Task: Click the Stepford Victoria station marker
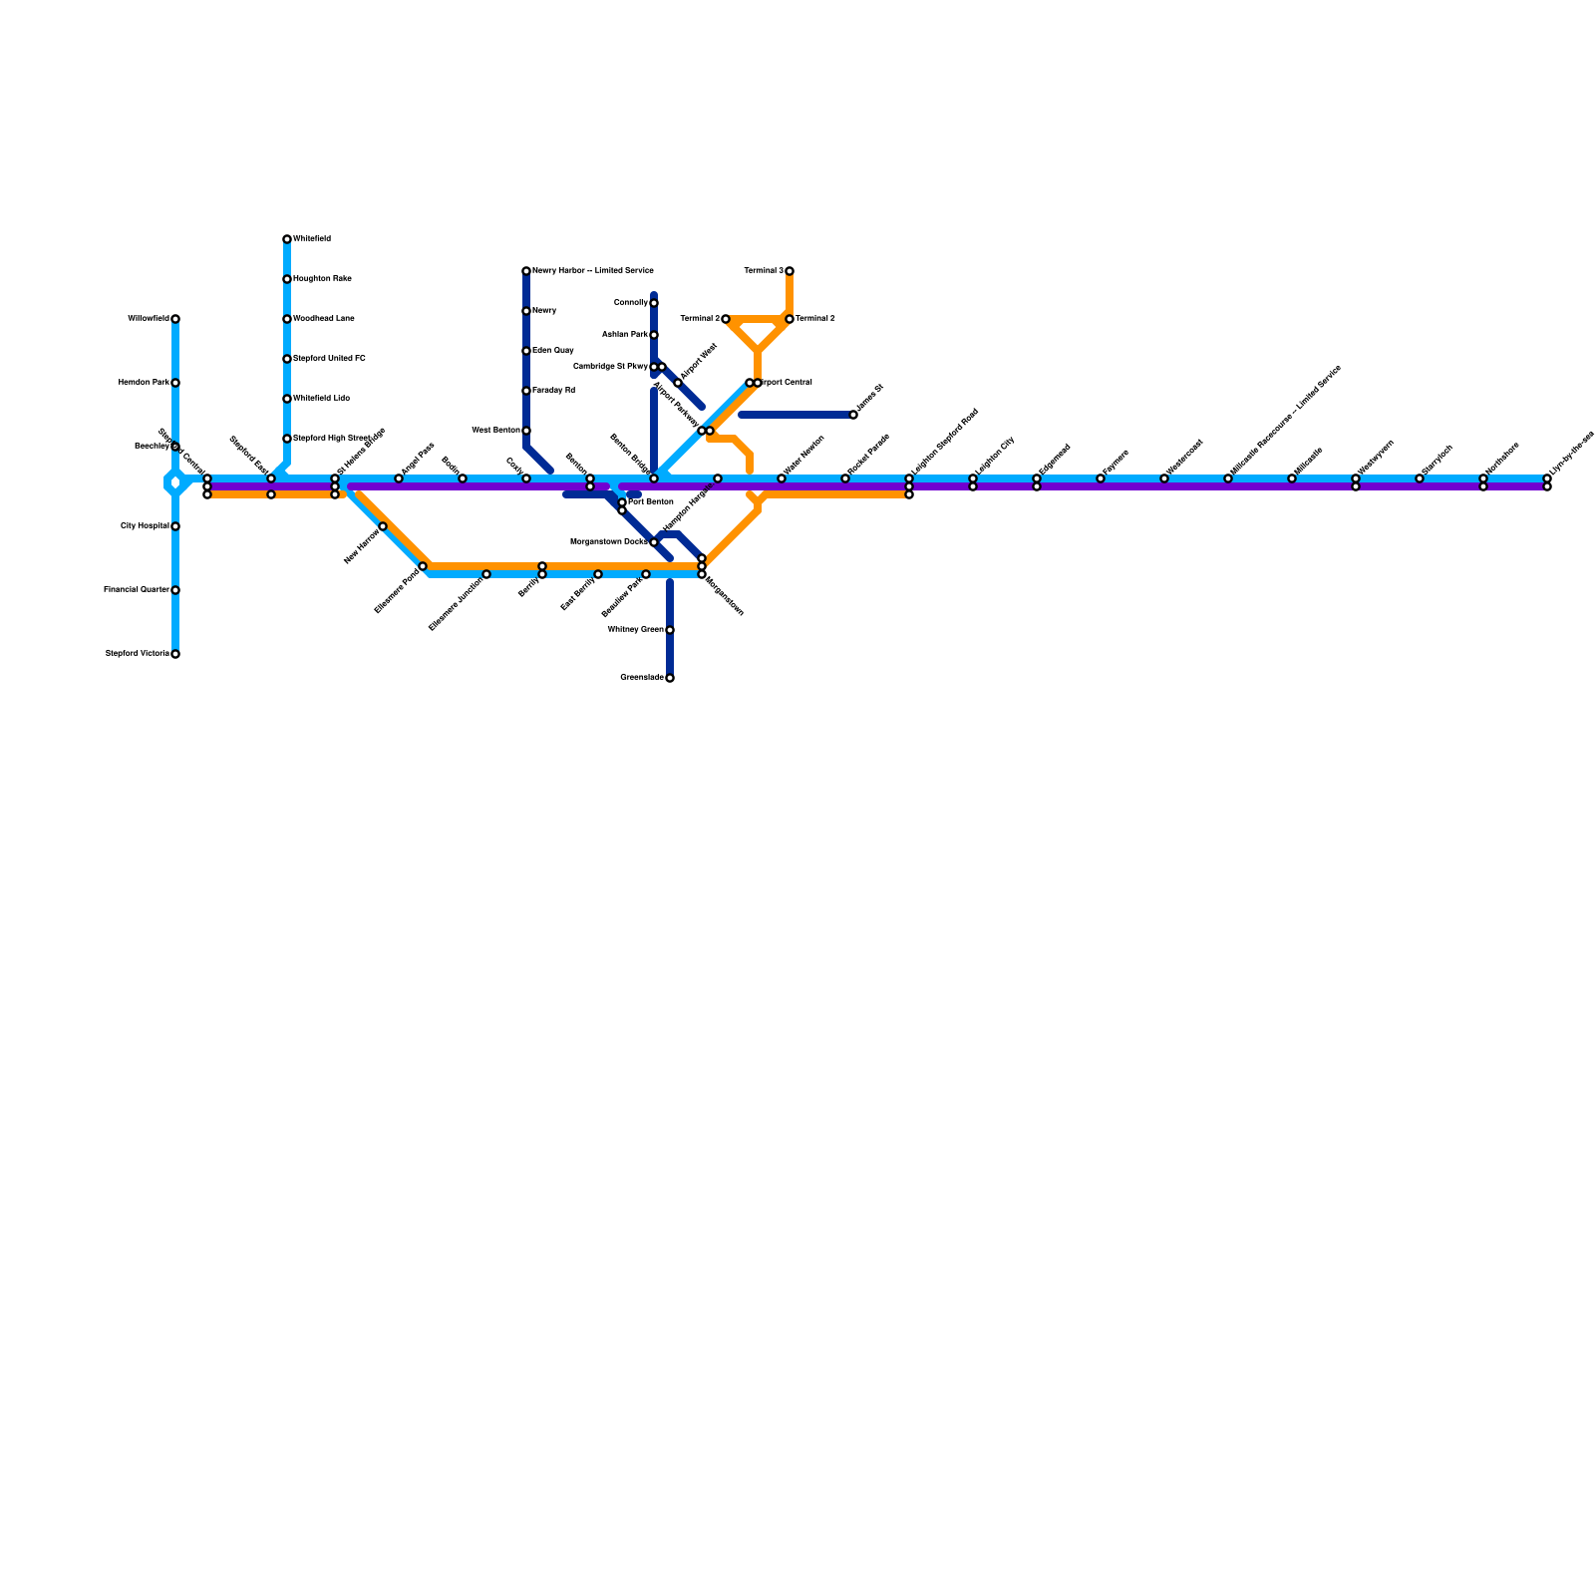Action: coord(175,654)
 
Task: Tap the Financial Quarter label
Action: coord(136,590)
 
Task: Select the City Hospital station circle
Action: coord(175,526)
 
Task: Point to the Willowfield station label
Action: coord(149,319)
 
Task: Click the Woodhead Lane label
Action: coord(324,319)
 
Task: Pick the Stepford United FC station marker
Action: coord(287,359)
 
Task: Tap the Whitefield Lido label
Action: coord(321,399)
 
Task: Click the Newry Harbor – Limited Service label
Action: coord(593,271)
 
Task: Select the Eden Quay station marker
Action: coord(526,351)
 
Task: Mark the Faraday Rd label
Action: coord(553,391)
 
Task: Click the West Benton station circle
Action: coord(526,431)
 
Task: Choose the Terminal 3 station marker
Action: coord(790,271)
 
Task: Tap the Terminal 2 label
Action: coord(815,319)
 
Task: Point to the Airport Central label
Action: coord(789,383)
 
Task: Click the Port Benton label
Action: coord(651,502)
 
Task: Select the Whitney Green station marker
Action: coord(670,630)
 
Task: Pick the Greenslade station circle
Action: coord(670,678)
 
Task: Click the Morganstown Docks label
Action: coord(608,542)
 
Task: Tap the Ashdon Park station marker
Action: coord(654,335)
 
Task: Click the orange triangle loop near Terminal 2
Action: coord(759,330)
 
